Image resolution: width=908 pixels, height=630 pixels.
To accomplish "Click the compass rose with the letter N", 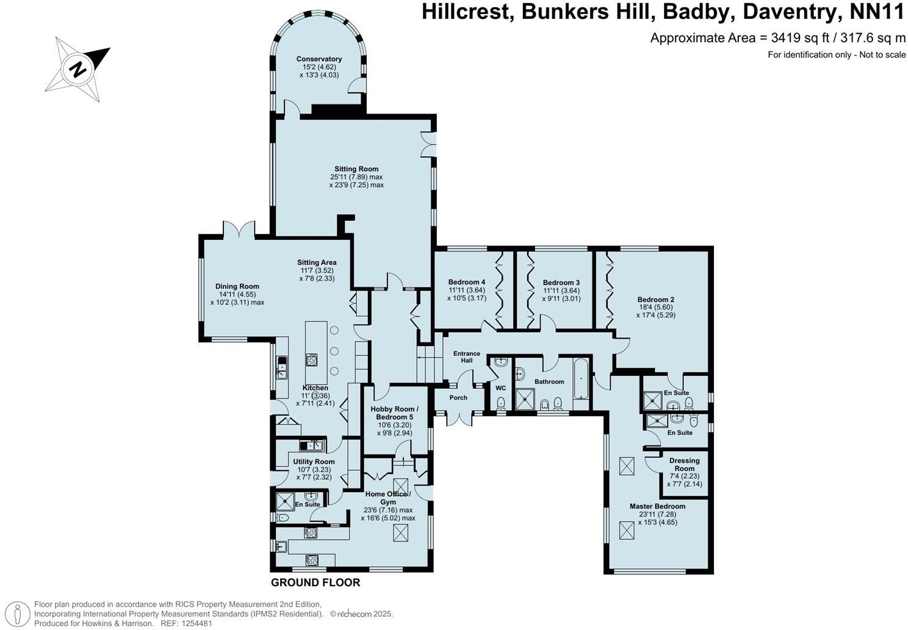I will (78, 68).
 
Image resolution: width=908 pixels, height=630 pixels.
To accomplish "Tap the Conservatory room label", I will (319, 59).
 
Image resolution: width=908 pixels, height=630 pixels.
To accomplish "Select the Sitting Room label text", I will (356, 169).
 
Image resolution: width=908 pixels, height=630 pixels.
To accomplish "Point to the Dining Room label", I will (237, 286).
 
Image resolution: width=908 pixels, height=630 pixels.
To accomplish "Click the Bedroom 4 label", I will (466, 282).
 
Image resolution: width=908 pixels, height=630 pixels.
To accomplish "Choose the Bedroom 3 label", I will (561, 283).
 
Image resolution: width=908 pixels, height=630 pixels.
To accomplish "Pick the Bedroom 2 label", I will (655, 300).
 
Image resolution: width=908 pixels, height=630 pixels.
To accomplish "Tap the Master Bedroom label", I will (657, 506).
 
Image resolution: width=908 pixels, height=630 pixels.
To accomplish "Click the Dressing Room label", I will (684, 465).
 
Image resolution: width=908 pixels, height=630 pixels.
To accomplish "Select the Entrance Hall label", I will (466, 357).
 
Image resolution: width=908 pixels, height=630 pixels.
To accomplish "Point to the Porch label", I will (458, 397).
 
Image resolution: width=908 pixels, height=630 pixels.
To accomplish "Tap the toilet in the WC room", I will (500, 403).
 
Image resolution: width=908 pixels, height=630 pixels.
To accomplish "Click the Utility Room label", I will (314, 462).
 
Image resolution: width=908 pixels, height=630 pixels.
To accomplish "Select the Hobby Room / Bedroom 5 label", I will (395, 413).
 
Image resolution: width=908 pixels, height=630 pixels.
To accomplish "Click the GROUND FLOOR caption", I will (315, 582).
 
